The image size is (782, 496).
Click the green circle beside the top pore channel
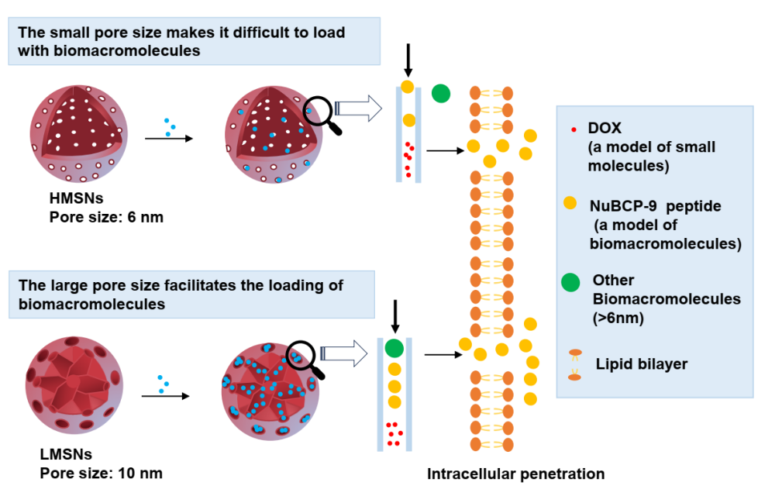pos(441,94)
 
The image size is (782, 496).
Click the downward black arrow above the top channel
pos(408,59)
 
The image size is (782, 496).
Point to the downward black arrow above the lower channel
pos(394,313)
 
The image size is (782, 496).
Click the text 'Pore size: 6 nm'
pos(106,218)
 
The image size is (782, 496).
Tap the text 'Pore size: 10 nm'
pos(105,472)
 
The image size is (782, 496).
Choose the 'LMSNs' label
pos(71,454)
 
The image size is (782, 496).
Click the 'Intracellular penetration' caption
pos(515,474)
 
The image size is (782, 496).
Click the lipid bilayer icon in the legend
pos(574,364)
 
